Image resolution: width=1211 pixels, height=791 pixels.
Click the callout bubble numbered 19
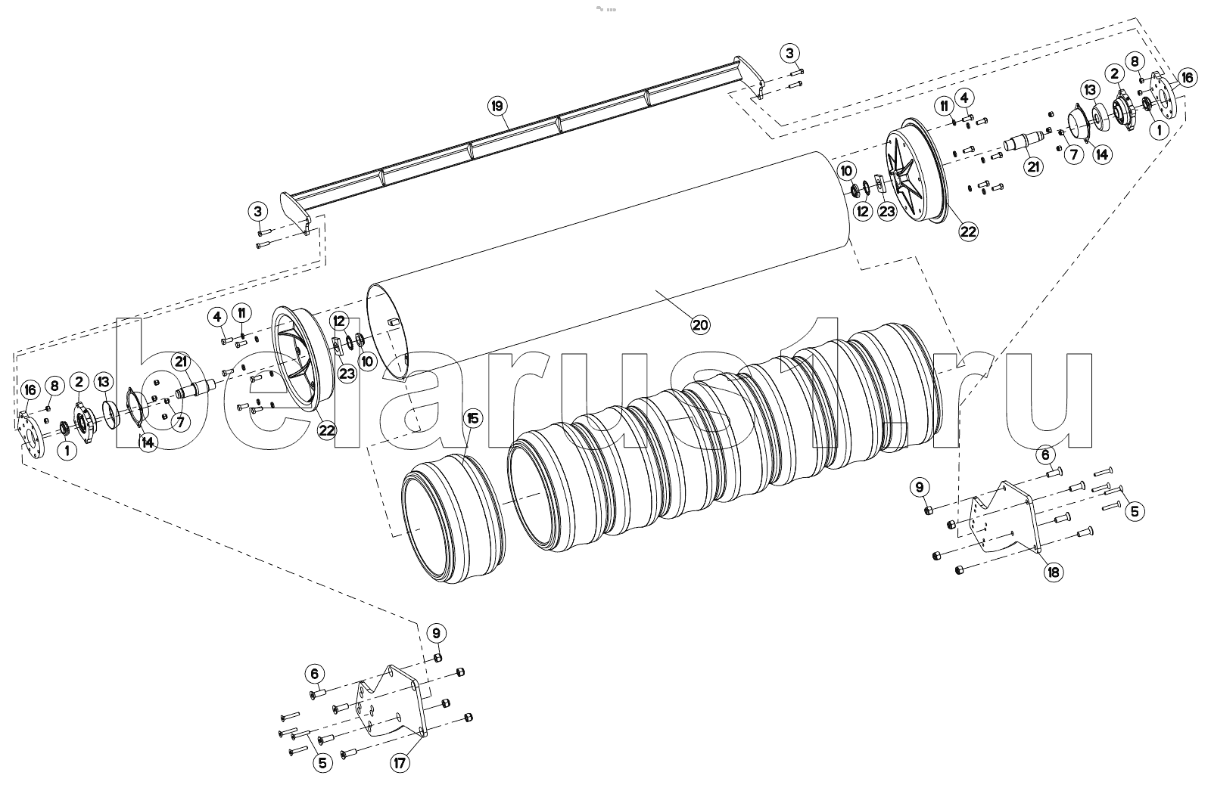tap(497, 106)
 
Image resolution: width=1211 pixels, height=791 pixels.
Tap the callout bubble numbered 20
tap(700, 324)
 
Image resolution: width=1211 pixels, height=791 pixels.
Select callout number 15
tap(472, 418)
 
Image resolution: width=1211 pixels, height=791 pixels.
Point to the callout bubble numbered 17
tap(400, 763)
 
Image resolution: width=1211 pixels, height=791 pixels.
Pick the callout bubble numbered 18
tap(1053, 572)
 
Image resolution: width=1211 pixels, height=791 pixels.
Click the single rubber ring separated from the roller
tap(453, 520)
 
